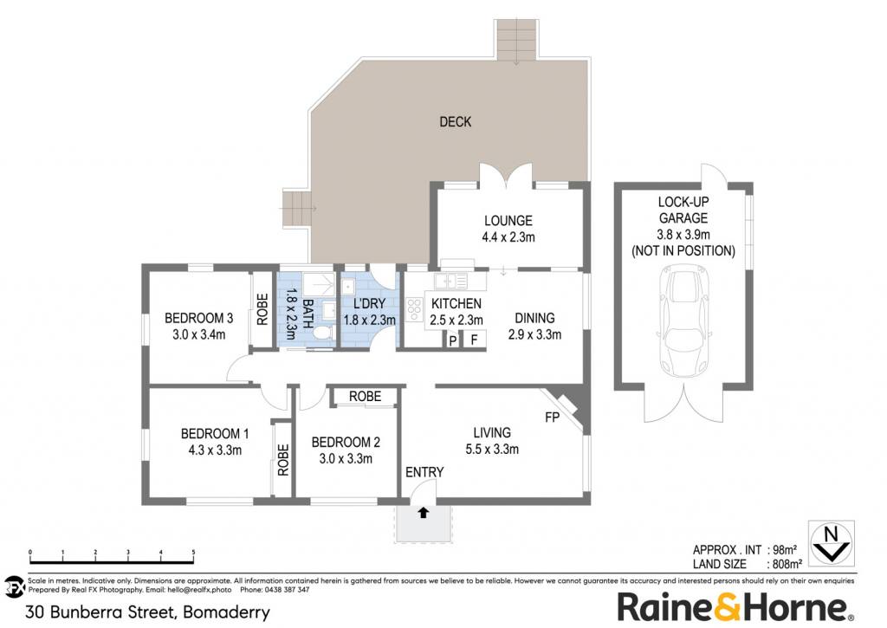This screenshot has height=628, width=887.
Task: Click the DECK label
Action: [x=456, y=121]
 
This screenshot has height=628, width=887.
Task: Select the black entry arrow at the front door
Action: [x=423, y=513]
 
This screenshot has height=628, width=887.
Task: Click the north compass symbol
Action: [x=831, y=543]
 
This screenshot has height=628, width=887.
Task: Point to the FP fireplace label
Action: [x=552, y=418]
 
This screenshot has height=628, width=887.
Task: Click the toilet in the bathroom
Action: [x=323, y=332]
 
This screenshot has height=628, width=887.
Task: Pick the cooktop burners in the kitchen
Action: [x=414, y=309]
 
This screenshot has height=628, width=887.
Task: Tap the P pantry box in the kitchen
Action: [x=452, y=340]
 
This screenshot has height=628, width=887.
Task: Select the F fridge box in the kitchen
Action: [x=475, y=340]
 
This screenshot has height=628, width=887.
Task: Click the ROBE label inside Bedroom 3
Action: [x=262, y=309]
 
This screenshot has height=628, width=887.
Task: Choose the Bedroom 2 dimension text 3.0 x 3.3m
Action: [x=346, y=459]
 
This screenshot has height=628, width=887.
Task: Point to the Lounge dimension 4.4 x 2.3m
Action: [x=508, y=237]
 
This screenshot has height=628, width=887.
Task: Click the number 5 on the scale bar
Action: [x=193, y=552]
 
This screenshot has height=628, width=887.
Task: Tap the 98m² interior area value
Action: [x=785, y=549]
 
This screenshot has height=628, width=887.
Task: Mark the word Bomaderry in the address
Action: [x=226, y=612]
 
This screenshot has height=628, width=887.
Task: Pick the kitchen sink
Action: [x=451, y=281]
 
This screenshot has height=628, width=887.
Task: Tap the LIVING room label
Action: [x=492, y=433]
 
